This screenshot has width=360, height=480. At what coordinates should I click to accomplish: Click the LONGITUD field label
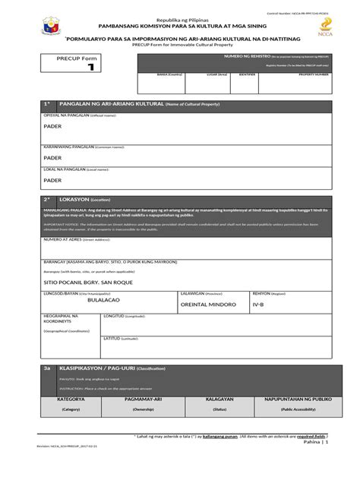pyautogui.click(x=112, y=316)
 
